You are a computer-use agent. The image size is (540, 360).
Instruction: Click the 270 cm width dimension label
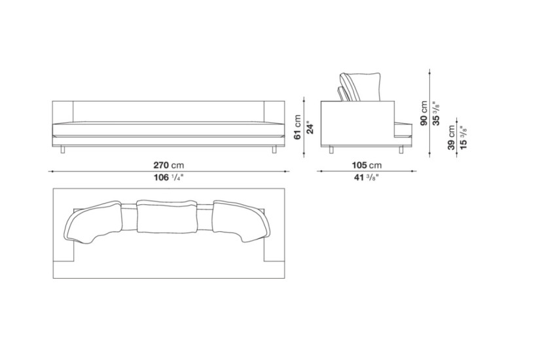point(169,165)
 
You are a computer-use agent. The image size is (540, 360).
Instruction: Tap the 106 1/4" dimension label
point(169,177)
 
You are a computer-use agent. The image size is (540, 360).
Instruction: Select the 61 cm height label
point(298,127)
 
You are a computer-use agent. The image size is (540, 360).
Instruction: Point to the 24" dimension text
point(310,127)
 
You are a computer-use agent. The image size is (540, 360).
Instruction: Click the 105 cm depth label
point(367,165)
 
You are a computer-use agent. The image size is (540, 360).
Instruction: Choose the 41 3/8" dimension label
point(367,177)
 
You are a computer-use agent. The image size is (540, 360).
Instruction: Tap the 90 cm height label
point(423,113)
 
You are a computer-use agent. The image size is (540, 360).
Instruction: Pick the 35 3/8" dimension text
point(436,113)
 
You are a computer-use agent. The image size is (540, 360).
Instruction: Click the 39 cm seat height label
point(451,137)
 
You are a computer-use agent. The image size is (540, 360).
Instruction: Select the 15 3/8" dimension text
point(463,137)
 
